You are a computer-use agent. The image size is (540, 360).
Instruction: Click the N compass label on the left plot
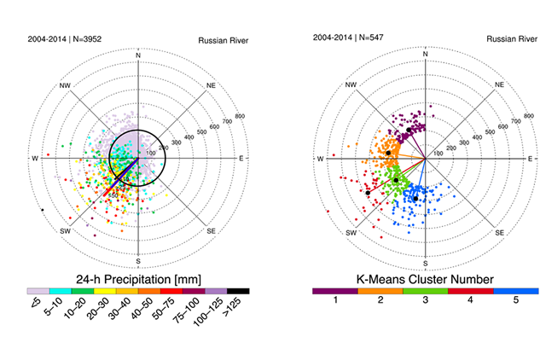pyautogui.click(x=138, y=55)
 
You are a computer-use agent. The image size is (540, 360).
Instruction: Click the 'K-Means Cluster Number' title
pyautogui.click(x=426, y=279)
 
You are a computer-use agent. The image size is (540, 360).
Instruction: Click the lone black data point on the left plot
pyautogui.click(x=42, y=209)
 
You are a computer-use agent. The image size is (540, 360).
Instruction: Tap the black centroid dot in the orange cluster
pyautogui.click(x=388, y=153)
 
